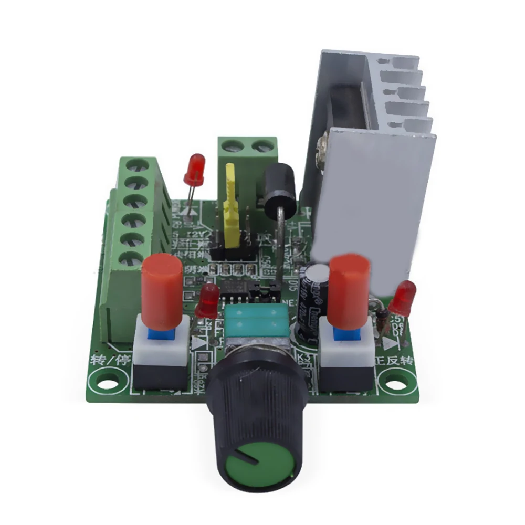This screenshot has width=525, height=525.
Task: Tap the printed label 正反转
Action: [397, 362]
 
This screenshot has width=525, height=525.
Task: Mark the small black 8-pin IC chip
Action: [232, 291]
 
